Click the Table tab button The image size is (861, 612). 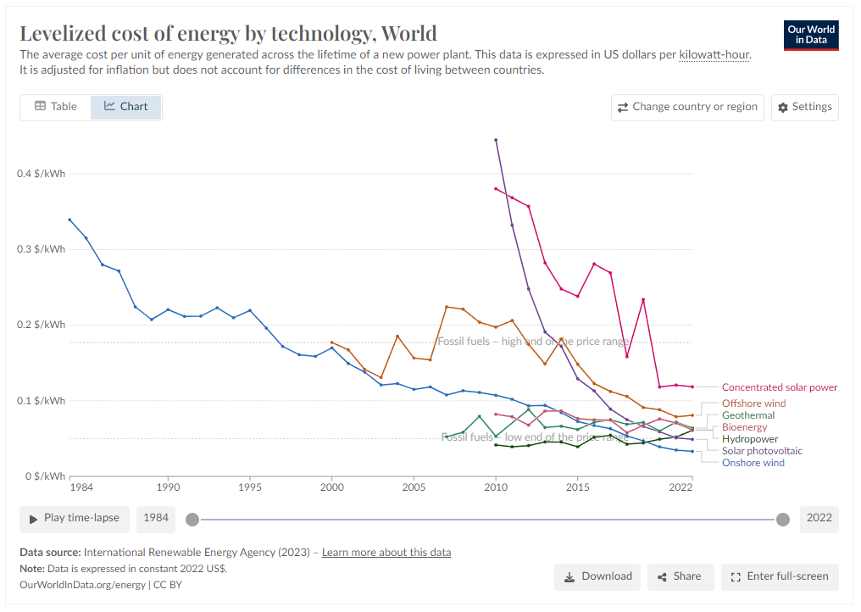click(56, 107)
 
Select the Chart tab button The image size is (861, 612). click(126, 107)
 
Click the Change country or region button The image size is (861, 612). click(686, 107)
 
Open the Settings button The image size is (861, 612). click(804, 107)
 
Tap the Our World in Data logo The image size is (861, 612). click(811, 35)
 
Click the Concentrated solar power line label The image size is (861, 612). click(779, 387)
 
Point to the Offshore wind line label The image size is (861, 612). click(753, 403)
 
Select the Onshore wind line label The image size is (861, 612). click(753, 463)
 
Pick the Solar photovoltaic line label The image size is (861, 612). click(762, 451)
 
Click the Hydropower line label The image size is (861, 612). click(749, 439)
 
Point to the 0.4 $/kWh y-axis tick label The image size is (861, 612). click(41, 174)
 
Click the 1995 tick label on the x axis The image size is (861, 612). click(249, 488)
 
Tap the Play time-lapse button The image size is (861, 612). click(74, 518)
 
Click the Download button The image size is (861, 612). click(597, 576)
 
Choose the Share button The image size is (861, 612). click(680, 576)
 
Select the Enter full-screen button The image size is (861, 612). click(780, 576)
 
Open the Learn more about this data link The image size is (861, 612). click(386, 553)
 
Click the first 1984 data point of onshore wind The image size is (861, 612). click(69, 220)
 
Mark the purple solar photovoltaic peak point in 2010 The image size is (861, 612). click(496, 140)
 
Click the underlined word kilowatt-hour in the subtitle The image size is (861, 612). click(714, 55)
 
